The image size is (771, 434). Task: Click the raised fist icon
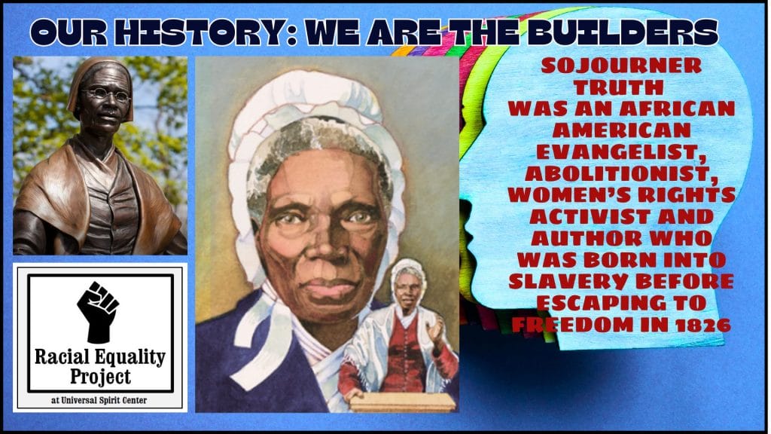(x=98, y=312)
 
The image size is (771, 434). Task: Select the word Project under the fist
(x=100, y=377)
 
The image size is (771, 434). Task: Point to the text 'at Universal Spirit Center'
(x=99, y=400)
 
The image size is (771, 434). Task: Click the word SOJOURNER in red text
(x=621, y=66)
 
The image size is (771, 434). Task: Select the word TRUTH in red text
(x=619, y=87)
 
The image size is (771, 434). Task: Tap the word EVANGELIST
(x=621, y=151)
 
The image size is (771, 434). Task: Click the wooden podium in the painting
(x=404, y=402)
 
